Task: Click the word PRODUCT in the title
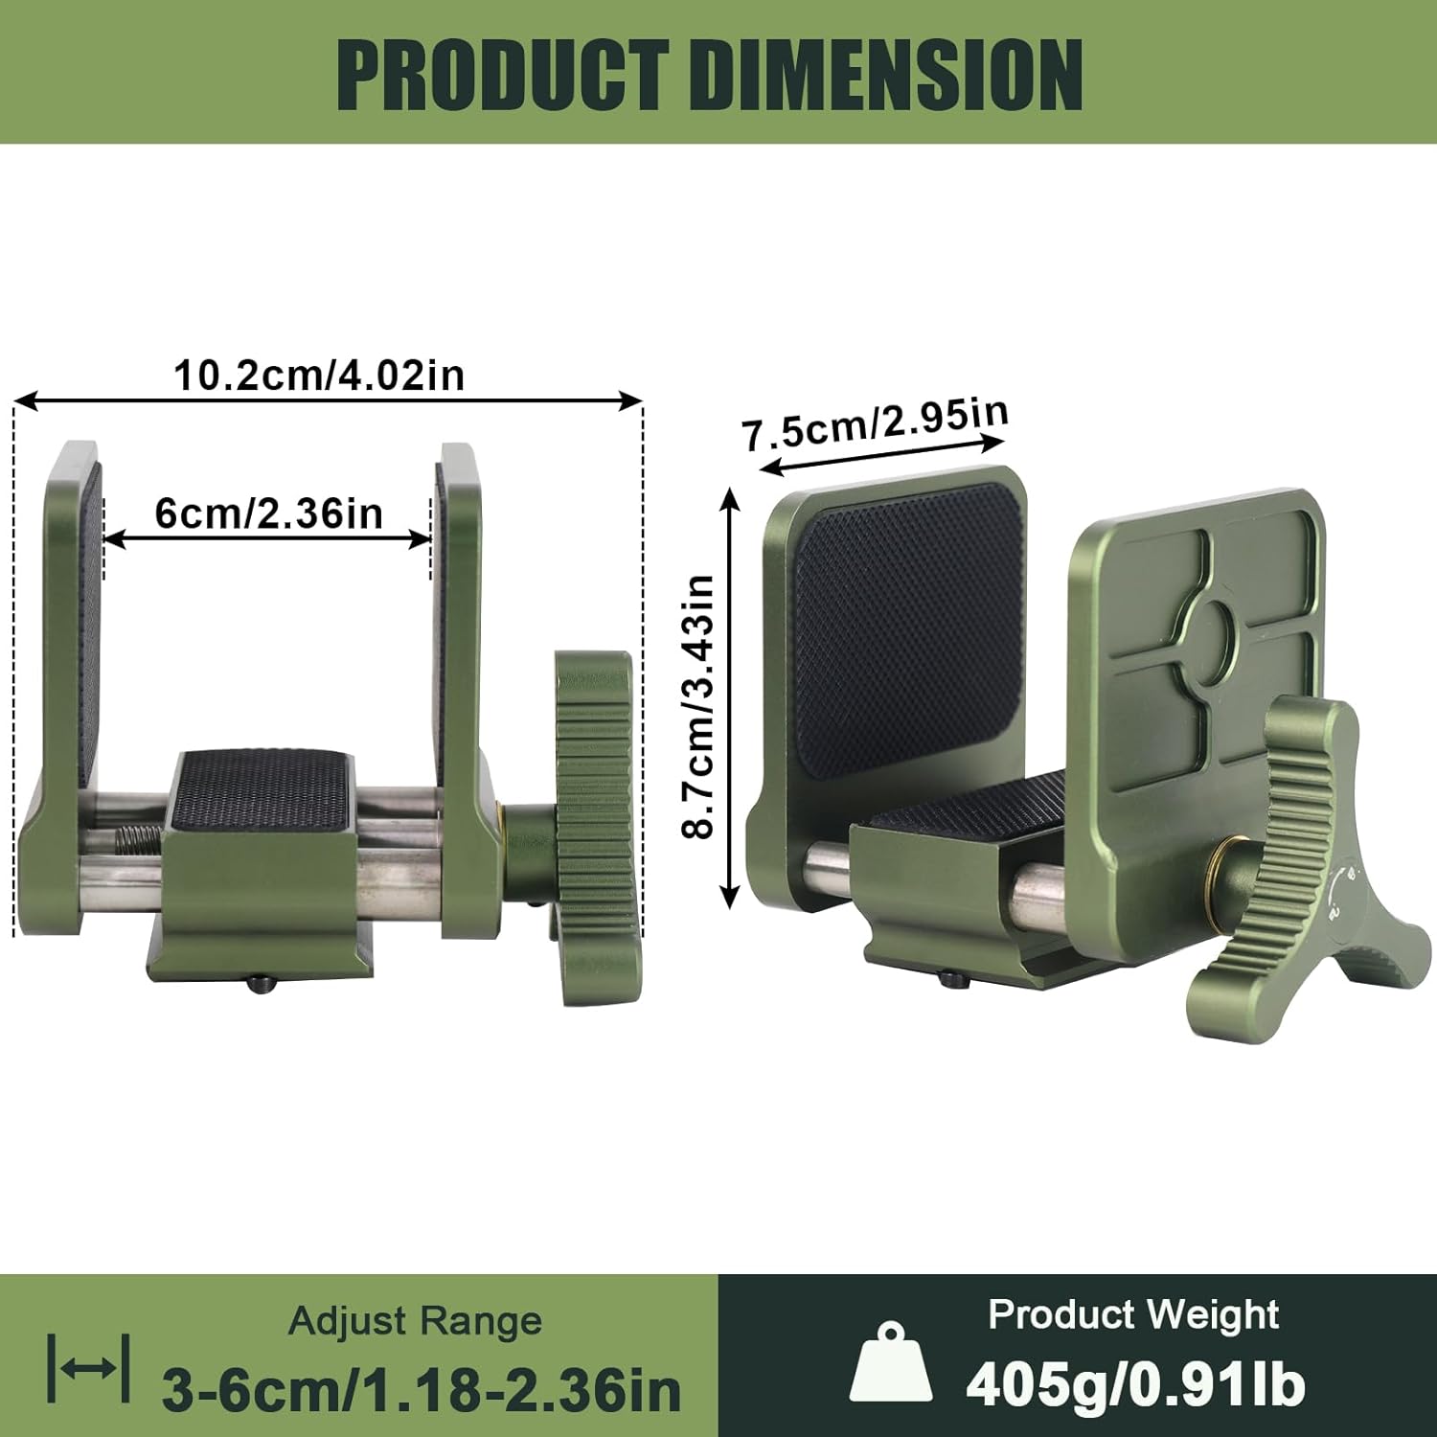(x=502, y=75)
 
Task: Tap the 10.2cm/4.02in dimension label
(x=319, y=375)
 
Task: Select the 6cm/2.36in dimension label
(x=268, y=514)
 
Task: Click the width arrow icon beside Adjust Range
(x=89, y=1368)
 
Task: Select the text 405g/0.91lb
(x=1135, y=1385)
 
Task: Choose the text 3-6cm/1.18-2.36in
(x=422, y=1389)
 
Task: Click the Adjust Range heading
(x=415, y=1322)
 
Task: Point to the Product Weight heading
(x=1133, y=1314)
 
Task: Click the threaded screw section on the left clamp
(x=141, y=841)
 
